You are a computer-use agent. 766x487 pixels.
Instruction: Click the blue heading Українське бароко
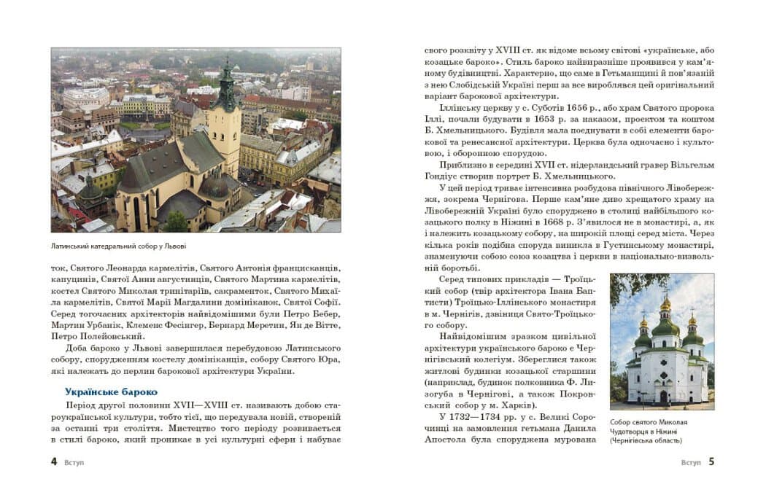tap(111, 391)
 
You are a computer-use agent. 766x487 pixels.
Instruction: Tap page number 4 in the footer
tap(54, 461)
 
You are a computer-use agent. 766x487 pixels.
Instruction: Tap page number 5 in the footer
tap(711, 461)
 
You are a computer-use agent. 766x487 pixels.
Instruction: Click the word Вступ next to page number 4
tap(74, 462)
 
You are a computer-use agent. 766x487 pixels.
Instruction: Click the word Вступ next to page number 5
tap(690, 462)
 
